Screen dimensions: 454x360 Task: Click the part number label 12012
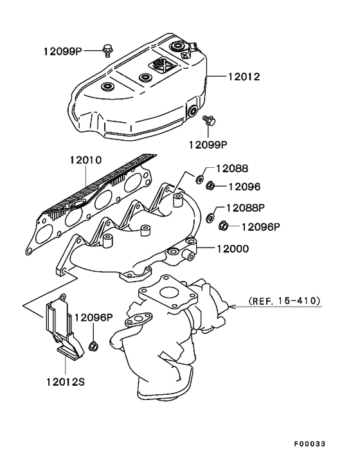[243, 77]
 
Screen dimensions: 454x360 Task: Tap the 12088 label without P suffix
[231, 168]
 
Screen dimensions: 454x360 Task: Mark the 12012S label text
[64, 381]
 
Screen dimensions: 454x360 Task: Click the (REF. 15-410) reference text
[283, 300]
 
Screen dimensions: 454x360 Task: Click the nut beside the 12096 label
[210, 186]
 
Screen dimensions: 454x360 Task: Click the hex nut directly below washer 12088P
[224, 226]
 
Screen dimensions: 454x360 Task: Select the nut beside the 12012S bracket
[93, 347]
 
